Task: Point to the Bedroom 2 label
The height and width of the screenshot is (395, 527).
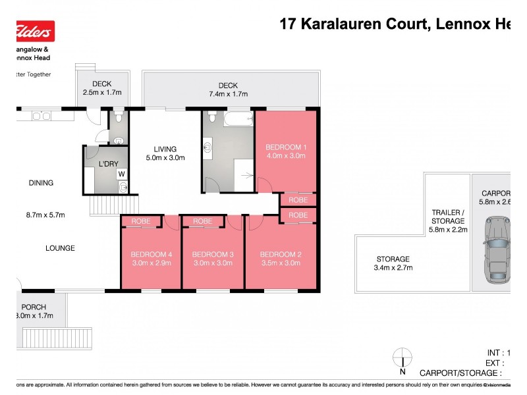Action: (x=281, y=254)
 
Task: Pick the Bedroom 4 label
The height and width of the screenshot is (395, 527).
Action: (x=151, y=254)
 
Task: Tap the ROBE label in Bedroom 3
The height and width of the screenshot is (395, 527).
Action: (x=202, y=222)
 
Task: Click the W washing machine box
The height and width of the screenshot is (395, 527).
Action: (x=121, y=174)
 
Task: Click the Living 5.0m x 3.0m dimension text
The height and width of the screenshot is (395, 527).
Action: (x=165, y=158)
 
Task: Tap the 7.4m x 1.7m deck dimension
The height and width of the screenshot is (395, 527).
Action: (x=228, y=94)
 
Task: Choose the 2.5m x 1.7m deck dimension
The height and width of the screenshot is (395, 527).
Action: (x=102, y=93)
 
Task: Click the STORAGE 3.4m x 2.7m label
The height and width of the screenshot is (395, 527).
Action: (x=393, y=263)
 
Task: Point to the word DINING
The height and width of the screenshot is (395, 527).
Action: (x=40, y=183)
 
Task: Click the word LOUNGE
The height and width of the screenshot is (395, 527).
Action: (x=60, y=248)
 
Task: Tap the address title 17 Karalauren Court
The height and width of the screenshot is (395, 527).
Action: (x=356, y=24)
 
